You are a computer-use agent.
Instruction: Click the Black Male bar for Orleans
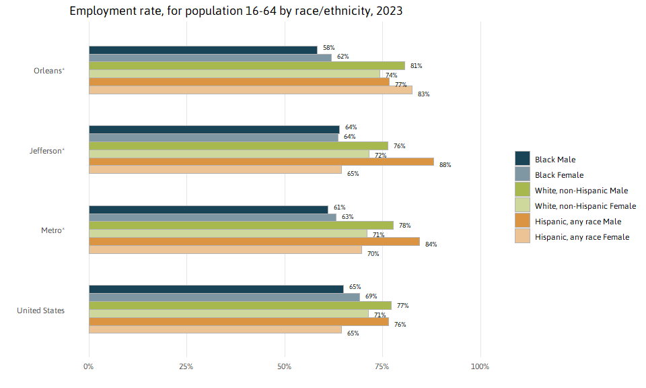pyautogui.click(x=202, y=50)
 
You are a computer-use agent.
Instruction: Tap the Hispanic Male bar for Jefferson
pyautogui.click(x=261, y=162)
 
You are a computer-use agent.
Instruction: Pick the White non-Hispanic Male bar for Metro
pyautogui.click(x=241, y=225)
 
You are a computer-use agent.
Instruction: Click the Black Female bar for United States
pyautogui.click(x=224, y=297)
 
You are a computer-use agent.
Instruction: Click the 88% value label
pyautogui.click(x=445, y=165)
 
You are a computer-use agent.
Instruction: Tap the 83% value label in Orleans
pyautogui.click(x=423, y=94)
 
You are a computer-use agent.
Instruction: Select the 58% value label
pyautogui.click(x=328, y=48)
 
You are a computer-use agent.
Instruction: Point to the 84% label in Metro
pyautogui.click(x=431, y=245)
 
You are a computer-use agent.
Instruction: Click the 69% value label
pyautogui.click(x=371, y=296)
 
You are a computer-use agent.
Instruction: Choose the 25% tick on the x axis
pyautogui.click(x=186, y=367)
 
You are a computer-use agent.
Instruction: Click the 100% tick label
pyautogui.click(x=480, y=367)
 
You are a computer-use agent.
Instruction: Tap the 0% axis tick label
pyautogui.click(x=89, y=367)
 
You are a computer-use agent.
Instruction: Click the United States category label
pyautogui.click(x=40, y=311)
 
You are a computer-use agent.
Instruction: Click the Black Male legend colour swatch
pyautogui.click(x=522, y=159)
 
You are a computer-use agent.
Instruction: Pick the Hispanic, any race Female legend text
pyautogui.click(x=582, y=237)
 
